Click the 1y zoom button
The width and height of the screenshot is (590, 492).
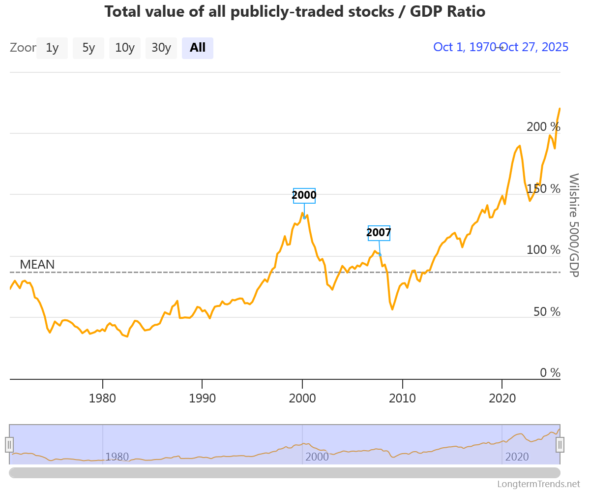tap(52, 48)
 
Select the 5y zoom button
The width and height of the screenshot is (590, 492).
tap(88, 48)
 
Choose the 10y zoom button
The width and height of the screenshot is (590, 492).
tap(125, 48)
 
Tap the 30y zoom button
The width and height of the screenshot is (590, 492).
tap(161, 48)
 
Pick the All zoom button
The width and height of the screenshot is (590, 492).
tap(198, 48)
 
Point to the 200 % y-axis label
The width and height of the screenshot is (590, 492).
tap(543, 127)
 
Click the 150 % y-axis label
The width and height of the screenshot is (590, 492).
tap(543, 188)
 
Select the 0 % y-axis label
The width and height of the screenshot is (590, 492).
tap(550, 373)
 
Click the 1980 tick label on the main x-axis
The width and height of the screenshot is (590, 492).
tap(102, 397)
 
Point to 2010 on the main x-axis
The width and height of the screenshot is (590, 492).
tap(402, 397)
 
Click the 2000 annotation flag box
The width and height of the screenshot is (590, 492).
tap(304, 195)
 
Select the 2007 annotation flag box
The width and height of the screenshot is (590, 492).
tap(379, 233)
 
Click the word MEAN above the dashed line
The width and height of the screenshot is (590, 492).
tap(37, 265)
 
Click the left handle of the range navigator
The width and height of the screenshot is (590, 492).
tap(9, 444)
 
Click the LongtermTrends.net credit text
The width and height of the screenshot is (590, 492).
tap(538, 484)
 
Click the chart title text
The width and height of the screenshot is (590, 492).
tap(295, 11)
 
